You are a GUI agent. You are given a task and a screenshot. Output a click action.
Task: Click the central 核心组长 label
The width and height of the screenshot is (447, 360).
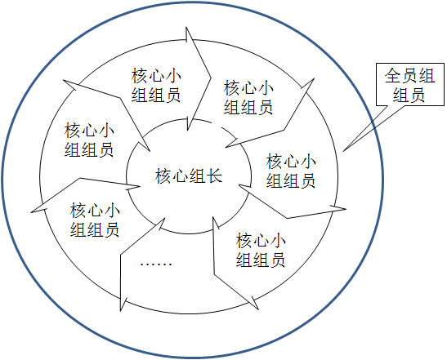pyautogui.click(x=189, y=176)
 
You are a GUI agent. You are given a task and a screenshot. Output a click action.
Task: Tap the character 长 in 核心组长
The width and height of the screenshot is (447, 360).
pyautogui.click(x=214, y=176)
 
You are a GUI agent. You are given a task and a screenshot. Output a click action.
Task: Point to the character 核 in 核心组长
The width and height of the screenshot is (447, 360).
pyautogui.click(x=163, y=176)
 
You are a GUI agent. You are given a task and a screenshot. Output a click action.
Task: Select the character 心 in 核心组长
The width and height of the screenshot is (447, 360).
pyautogui.click(x=180, y=176)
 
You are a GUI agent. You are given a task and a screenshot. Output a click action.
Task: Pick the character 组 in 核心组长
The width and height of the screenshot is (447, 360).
pyautogui.click(x=197, y=176)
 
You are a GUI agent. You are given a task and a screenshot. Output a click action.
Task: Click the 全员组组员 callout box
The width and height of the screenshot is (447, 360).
pyautogui.click(x=410, y=85)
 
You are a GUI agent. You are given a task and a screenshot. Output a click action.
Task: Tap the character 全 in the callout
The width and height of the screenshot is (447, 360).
pyautogui.click(x=393, y=75)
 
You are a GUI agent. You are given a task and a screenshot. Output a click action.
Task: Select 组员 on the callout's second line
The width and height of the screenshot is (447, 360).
pyautogui.click(x=409, y=95)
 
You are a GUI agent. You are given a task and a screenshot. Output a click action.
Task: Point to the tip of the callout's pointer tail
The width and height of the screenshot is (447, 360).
pyautogui.click(x=343, y=151)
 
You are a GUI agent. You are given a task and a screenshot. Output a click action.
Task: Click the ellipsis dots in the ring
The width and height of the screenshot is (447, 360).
pyautogui.click(x=156, y=264)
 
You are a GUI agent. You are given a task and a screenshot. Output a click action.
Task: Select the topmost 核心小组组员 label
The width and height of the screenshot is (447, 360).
pyautogui.click(x=156, y=85)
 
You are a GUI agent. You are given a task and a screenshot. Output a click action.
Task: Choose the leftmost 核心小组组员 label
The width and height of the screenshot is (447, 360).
pyautogui.click(x=89, y=140)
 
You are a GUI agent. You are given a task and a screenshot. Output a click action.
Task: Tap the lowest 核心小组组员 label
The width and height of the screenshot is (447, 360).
pyautogui.click(x=261, y=250)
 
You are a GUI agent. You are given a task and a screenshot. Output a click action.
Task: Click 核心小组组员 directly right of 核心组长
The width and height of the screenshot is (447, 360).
pyautogui.click(x=291, y=171)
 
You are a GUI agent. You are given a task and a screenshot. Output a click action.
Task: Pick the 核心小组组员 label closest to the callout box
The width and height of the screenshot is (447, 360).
pyautogui.click(x=248, y=97)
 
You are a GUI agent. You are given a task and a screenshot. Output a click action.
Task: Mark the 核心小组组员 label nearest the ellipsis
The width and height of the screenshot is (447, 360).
pyautogui.click(x=95, y=220)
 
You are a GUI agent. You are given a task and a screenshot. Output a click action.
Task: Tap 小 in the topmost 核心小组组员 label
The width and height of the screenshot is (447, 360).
pyautogui.click(x=173, y=76)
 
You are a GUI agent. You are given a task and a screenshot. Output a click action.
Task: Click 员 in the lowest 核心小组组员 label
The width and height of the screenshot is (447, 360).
pyautogui.click(x=277, y=259)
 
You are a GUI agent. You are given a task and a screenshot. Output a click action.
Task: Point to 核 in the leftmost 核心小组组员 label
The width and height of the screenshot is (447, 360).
pyautogui.click(x=73, y=131)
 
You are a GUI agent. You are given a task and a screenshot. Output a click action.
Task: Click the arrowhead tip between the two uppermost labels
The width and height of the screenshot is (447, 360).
pyautogui.click(x=211, y=78)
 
